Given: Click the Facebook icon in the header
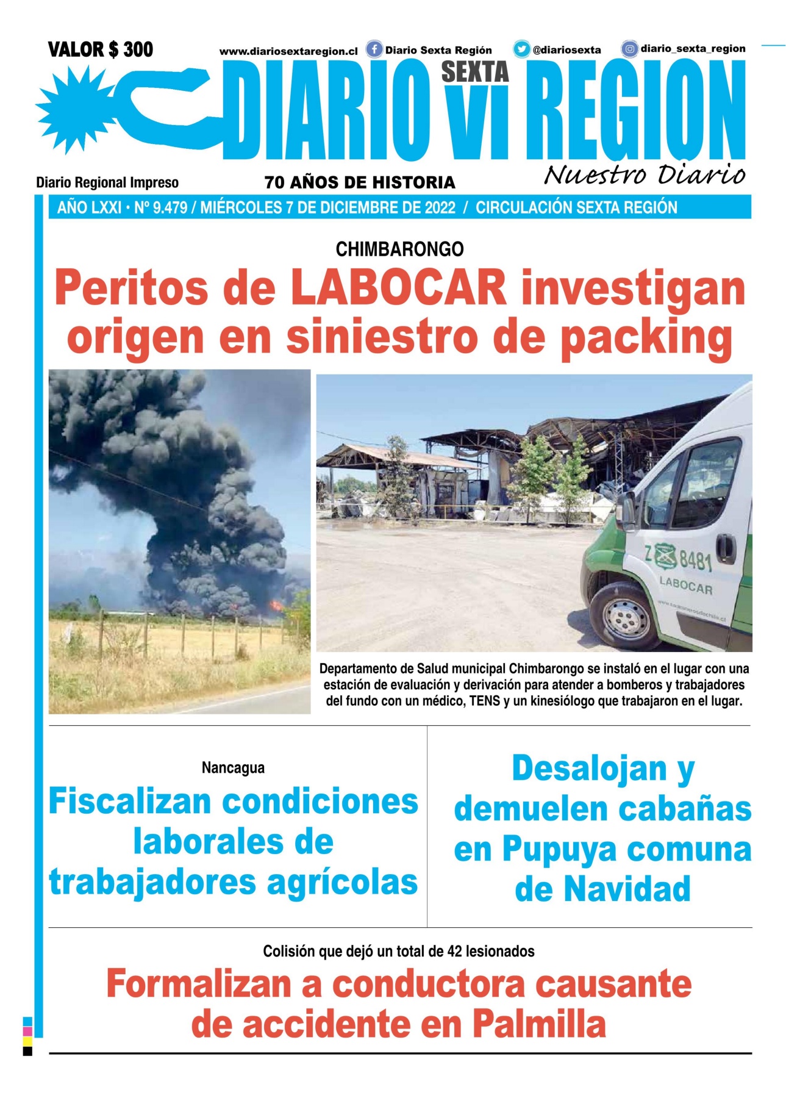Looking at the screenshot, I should (x=374, y=49).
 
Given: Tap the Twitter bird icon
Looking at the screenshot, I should (x=521, y=49).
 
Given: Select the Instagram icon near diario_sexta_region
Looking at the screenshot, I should (x=630, y=49).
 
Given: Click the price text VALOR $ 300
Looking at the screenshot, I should (x=101, y=49).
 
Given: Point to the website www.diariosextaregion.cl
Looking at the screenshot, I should (x=288, y=52).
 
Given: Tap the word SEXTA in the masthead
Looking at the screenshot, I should (x=475, y=72).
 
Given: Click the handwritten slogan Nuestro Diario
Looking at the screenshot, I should (x=644, y=175).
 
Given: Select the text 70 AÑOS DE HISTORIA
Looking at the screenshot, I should (x=360, y=182).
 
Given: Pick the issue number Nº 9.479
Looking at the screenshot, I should (x=160, y=208).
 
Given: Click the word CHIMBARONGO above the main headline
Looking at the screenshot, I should (x=399, y=249).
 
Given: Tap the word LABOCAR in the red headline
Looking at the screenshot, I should (x=398, y=288).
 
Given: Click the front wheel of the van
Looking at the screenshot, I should (x=626, y=617).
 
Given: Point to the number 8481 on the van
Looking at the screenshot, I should (x=695, y=559).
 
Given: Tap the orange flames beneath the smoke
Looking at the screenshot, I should (x=276, y=605).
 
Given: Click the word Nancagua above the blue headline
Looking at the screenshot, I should (x=233, y=767).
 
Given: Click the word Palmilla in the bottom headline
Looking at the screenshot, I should (x=539, y=1024).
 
